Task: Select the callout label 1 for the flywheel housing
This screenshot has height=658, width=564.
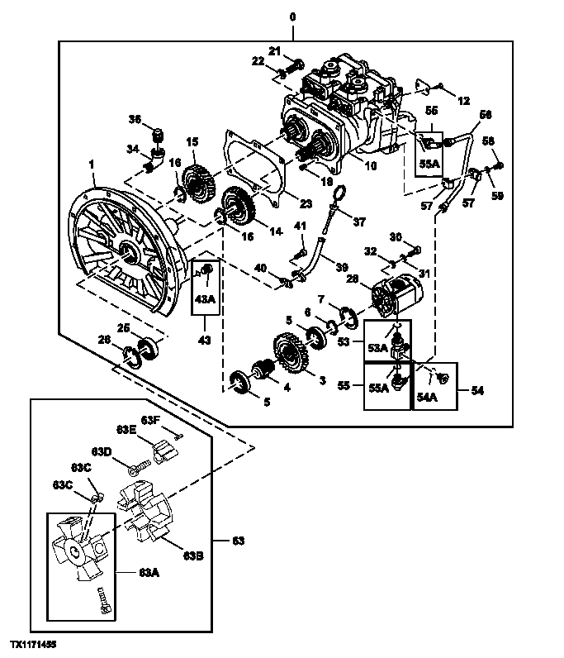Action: click(92, 167)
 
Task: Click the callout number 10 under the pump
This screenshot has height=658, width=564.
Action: click(371, 166)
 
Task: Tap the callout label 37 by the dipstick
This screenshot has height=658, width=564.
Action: click(359, 222)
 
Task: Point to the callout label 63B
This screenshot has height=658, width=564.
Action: click(193, 555)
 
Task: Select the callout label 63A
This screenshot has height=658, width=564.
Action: click(149, 571)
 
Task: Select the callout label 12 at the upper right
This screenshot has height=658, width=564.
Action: click(463, 101)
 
